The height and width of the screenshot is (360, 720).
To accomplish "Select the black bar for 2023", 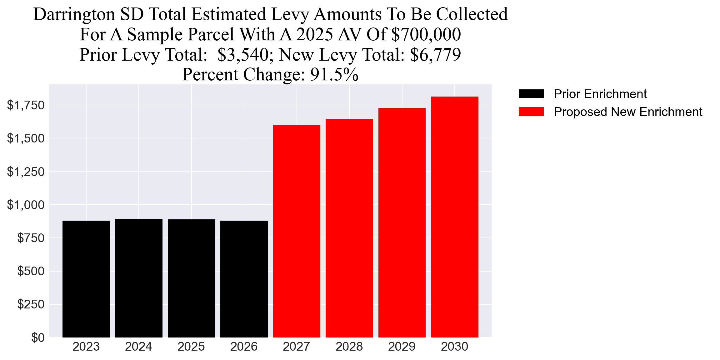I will click(86, 279).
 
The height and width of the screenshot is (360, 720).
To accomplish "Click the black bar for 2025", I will click(191, 278).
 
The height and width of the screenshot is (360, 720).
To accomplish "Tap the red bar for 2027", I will click(297, 231).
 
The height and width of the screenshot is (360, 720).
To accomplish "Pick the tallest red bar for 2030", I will click(454, 217).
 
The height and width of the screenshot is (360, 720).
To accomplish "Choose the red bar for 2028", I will click(349, 228).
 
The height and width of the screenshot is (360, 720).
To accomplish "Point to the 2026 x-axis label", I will click(244, 347).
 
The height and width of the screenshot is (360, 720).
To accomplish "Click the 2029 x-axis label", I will click(402, 347).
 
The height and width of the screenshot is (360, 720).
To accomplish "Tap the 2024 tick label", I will click(138, 347).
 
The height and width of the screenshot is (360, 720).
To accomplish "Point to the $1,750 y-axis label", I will click(26, 105).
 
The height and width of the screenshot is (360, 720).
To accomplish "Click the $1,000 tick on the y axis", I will click(26, 205).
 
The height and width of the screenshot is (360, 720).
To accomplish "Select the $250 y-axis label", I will click(31, 304).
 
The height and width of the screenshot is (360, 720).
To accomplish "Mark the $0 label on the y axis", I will click(38, 337).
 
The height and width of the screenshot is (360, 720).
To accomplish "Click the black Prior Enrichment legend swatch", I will click(531, 94).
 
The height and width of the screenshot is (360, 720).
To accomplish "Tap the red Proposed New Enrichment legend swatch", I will click(531, 112).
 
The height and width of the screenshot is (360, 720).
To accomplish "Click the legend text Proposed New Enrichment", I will click(628, 112).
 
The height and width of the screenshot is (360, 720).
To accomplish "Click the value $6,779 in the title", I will click(435, 55).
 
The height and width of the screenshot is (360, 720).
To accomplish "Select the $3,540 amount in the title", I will click(243, 55).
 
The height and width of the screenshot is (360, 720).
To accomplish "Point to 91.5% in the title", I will click(334, 75).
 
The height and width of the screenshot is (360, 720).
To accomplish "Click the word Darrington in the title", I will click(74, 14).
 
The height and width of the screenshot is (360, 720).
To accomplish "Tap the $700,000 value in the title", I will click(426, 35).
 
